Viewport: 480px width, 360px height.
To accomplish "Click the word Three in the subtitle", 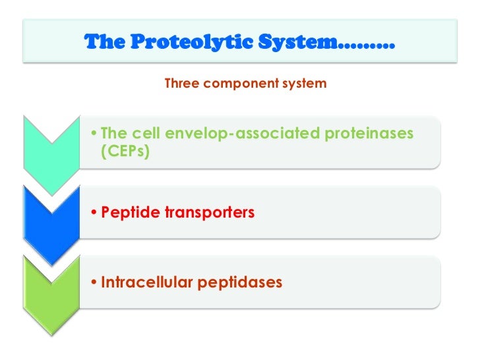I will [x=180, y=84].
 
